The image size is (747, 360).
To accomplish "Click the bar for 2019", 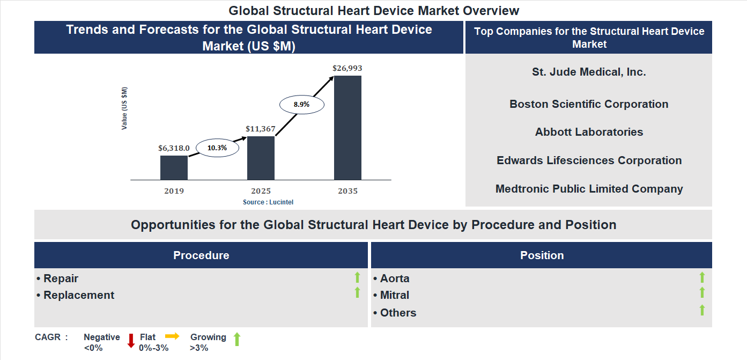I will tap(174, 167).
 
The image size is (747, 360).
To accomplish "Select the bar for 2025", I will tap(261, 158).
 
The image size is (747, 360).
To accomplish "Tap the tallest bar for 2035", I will tap(347, 127).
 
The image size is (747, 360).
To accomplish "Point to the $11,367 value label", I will tap(260, 129).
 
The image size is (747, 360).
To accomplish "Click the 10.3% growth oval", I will tap(217, 148).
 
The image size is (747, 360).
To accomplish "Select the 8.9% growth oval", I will tap(302, 105).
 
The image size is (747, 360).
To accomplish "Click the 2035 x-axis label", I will tap(347, 191).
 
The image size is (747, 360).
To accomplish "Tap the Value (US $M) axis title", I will tap(124, 108).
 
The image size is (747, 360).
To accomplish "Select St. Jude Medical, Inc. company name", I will tap(589, 72).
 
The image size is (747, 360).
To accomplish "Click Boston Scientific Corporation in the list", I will tap(589, 104).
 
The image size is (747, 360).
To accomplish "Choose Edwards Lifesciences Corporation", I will tap(589, 160).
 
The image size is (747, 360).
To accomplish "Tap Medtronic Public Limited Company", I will tap(589, 189).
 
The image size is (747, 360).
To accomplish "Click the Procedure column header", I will tap(201, 255).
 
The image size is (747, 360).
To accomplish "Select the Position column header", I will tap(542, 255).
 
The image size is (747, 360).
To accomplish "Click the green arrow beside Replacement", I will tap(357, 293).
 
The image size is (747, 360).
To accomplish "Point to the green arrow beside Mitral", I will tap(702, 293).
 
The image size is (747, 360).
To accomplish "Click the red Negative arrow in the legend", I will tap(131, 341).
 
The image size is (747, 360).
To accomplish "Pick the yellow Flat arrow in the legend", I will tap(172, 336).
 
